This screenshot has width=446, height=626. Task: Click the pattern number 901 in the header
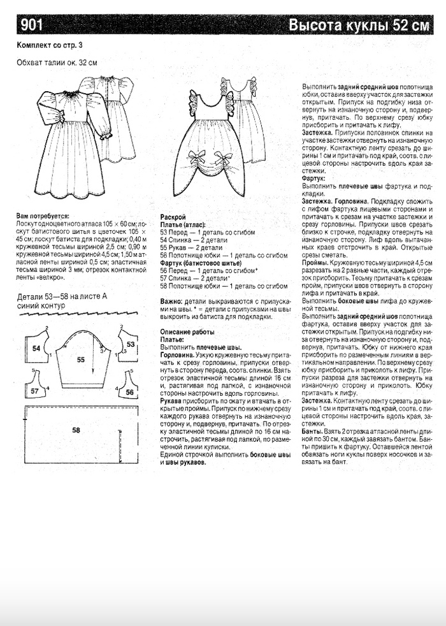31,25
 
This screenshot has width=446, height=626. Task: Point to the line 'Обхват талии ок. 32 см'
57,62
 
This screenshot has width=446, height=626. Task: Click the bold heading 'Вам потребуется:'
45,217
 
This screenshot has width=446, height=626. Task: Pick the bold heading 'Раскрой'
173,217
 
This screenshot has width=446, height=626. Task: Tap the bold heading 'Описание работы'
187,332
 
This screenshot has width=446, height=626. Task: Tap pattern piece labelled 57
36,390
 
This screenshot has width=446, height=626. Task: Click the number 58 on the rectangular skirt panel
76,431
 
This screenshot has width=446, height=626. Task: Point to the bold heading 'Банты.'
312,432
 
